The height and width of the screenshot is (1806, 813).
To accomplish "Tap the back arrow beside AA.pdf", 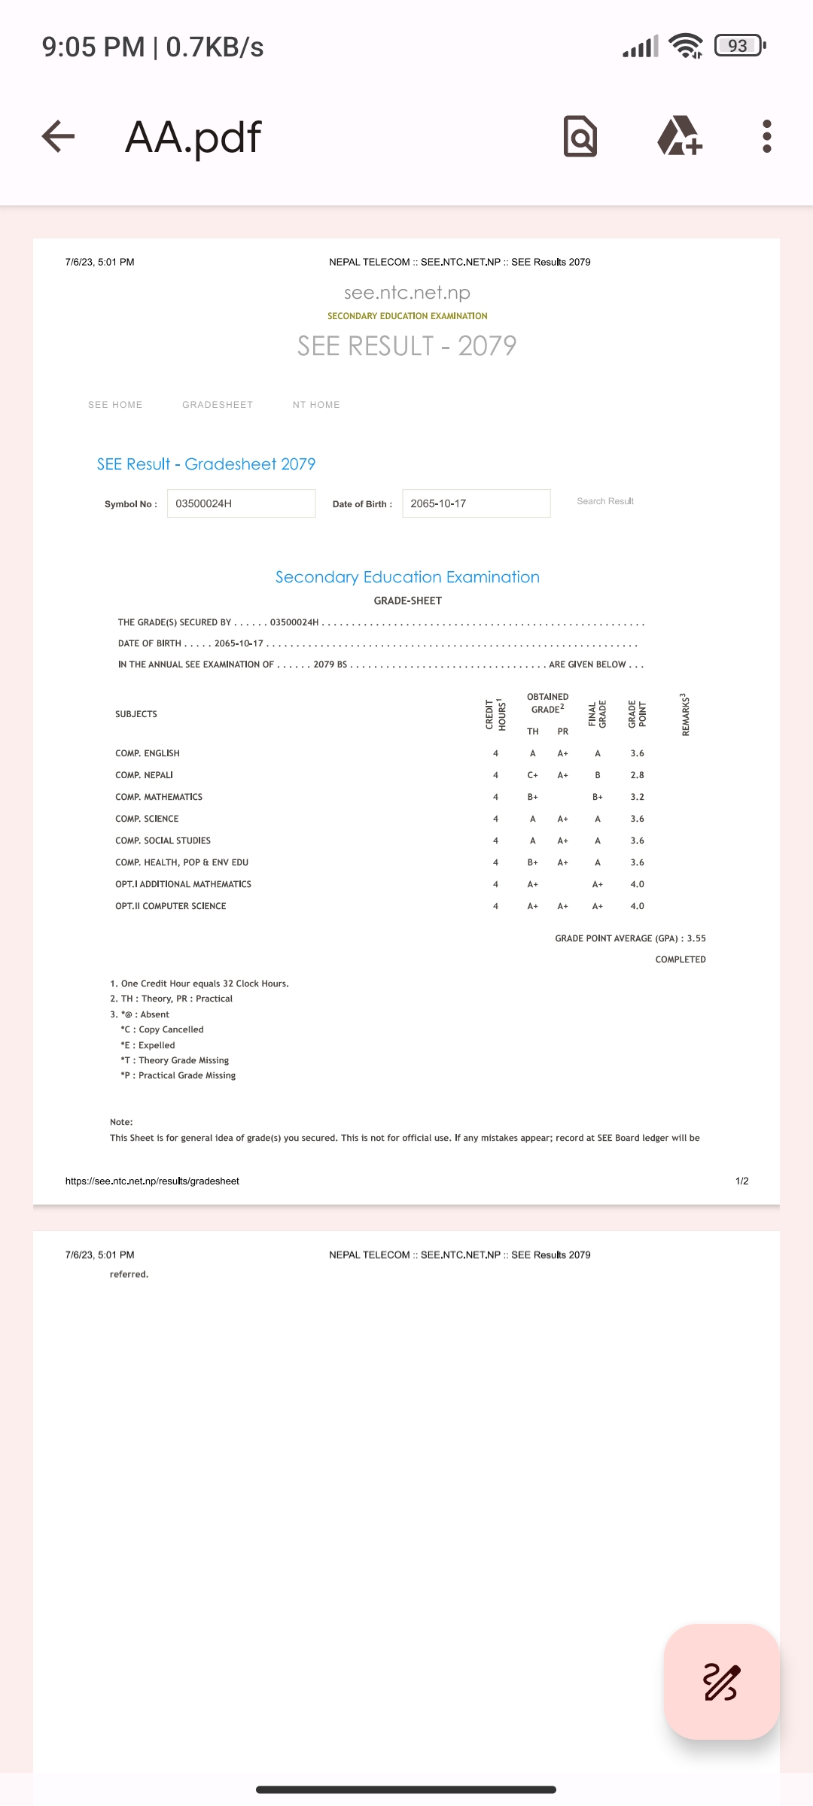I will tap(58, 137).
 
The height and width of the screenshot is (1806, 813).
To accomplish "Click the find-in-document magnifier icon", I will tap(580, 136).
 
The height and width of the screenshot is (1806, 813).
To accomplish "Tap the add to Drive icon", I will tap(679, 136).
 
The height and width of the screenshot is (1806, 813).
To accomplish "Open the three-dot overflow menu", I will tap(766, 136).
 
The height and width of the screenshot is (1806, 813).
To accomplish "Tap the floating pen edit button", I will tap(721, 1683).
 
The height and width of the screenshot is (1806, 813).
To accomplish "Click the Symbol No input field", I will tap(241, 503).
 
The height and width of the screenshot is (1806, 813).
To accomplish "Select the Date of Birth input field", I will tap(476, 503).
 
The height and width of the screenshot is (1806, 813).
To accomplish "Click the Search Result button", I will tap(605, 501).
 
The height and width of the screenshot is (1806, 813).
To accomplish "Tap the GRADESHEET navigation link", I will tap(218, 405).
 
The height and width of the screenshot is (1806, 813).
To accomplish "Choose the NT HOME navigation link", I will tap(316, 405).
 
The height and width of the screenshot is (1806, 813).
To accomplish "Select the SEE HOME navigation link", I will tap(115, 405).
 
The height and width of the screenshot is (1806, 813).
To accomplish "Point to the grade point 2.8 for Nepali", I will tap(637, 775).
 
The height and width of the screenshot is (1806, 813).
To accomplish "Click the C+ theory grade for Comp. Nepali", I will tap(532, 775).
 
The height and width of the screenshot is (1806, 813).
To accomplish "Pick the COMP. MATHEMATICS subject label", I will tap(159, 797).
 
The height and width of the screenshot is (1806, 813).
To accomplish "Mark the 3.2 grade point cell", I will tap(637, 797).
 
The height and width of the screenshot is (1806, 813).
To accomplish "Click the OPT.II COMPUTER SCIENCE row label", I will tap(171, 906).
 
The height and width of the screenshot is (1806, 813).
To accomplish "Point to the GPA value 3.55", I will tap(696, 938).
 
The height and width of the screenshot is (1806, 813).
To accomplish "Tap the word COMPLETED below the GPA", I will tap(681, 959).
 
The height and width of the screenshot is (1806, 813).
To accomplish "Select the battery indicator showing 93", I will tap(739, 46).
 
